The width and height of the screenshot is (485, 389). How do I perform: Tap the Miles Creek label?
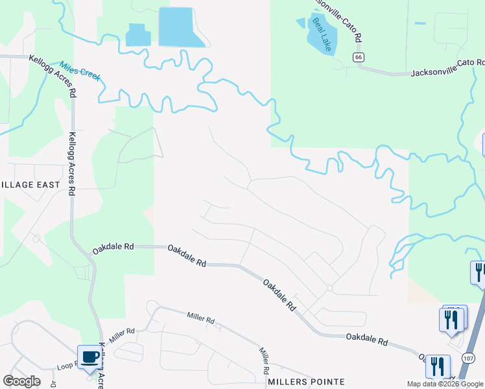click(x=80, y=71)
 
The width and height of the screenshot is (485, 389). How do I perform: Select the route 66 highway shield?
click(x=359, y=58)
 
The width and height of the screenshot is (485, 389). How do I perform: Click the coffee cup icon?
click(x=89, y=356)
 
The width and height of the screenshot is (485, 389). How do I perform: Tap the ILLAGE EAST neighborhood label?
click(x=30, y=185)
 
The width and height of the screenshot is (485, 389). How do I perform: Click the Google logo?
click(x=21, y=381)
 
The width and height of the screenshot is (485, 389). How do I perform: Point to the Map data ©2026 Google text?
click(x=445, y=384)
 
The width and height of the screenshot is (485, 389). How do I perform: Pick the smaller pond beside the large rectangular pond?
click(x=137, y=36)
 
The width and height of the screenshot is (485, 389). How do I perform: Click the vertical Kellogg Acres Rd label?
click(x=73, y=165)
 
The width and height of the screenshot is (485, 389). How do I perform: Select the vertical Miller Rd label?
click(x=265, y=360)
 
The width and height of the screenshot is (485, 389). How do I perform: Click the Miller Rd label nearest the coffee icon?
click(x=121, y=335)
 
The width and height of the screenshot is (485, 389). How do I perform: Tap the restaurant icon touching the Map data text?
click(x=438, y=366)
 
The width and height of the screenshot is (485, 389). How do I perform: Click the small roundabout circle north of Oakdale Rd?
click(x=330, y=287)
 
